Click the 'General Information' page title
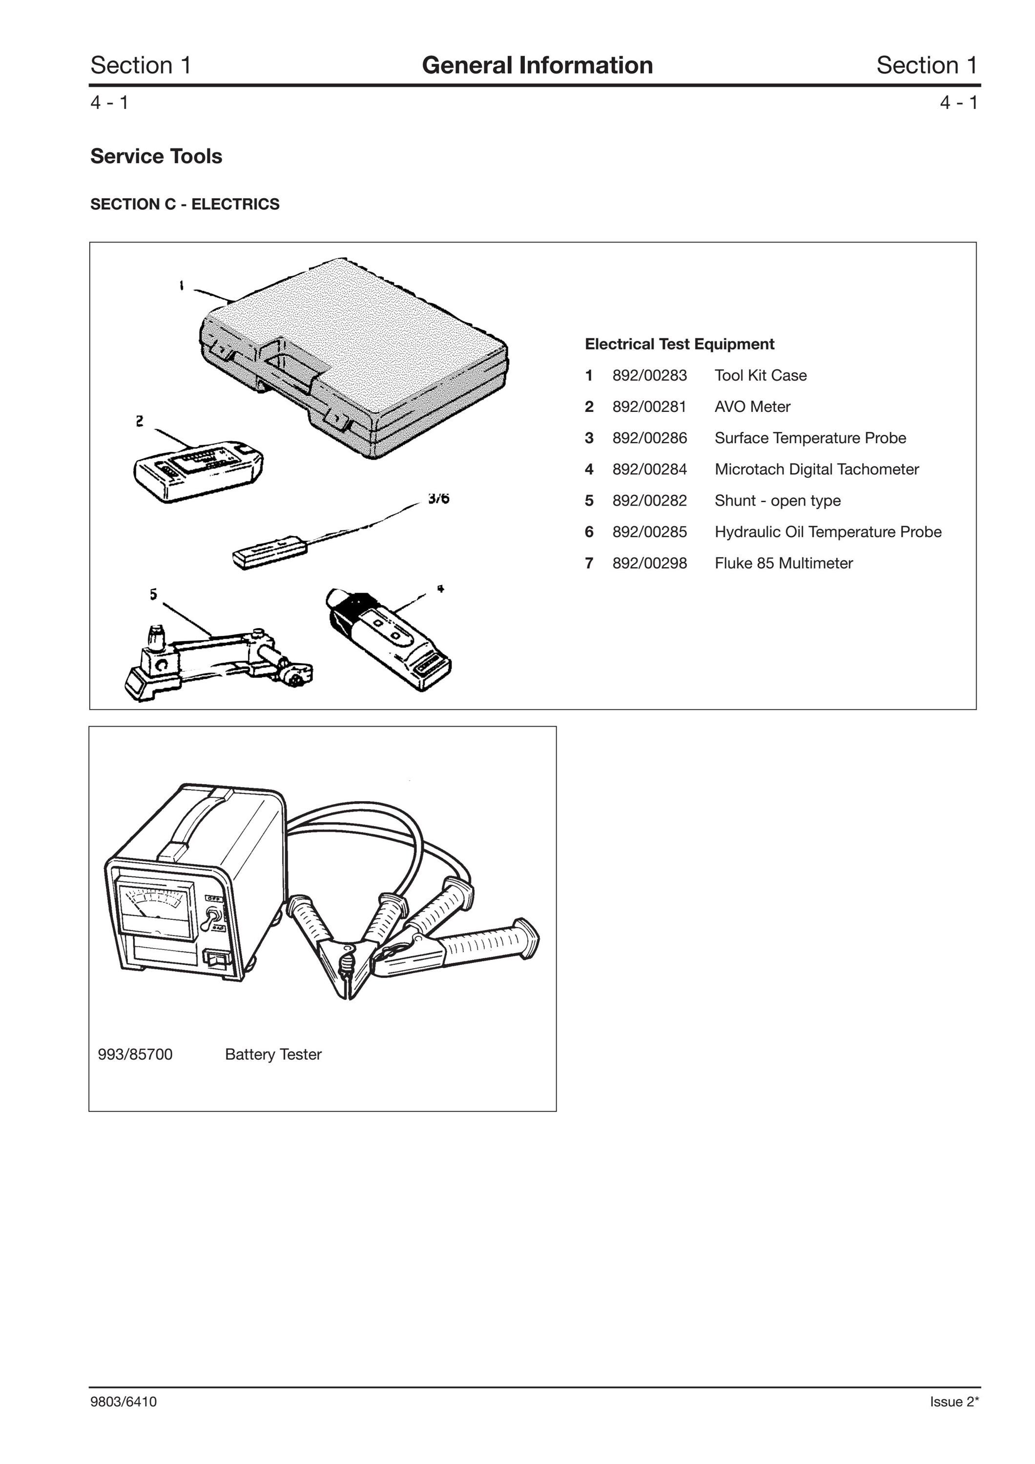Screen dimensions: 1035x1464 (537, 65)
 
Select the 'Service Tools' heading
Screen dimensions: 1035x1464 (156, 156)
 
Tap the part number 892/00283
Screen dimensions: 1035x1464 (649, 376)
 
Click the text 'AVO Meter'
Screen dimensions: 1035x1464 (752, 407)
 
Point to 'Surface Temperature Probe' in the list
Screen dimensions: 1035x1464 (810, 438)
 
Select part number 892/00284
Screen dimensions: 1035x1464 (649, 469)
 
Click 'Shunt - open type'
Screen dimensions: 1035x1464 (777, 501)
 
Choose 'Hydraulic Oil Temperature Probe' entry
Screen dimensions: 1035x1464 (828, 532)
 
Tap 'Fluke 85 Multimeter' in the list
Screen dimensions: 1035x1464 (784, 563)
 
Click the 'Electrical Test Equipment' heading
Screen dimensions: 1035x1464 (679, 345)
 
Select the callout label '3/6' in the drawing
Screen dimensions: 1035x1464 (439, 498)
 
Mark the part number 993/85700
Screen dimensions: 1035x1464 (135, 1055)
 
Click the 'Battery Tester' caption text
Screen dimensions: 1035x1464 (273, 1055)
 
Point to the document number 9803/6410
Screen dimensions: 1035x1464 (124, 1402)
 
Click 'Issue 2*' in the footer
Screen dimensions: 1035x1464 (954, 1402)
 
